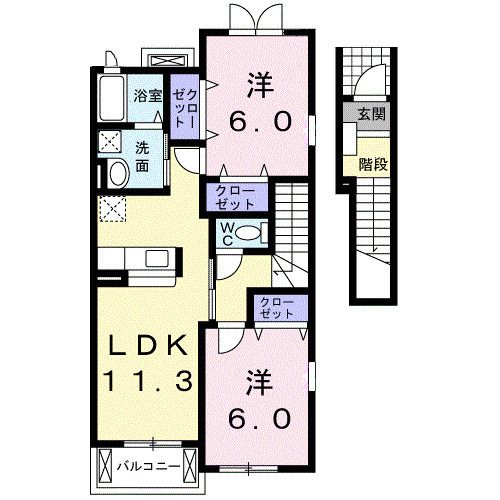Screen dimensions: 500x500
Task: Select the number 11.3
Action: [147, 380]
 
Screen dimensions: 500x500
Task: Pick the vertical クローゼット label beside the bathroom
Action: [184, 104]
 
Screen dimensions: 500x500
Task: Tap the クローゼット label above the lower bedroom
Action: [277, 307]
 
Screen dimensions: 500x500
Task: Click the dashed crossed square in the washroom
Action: [110, 143]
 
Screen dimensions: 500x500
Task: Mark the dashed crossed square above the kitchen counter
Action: [112, 210]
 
